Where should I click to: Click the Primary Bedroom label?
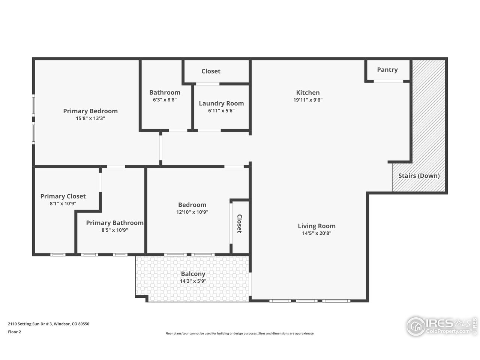[90, 111]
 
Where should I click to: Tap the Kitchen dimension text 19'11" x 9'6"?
[308, 100]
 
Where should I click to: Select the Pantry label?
[387, 70]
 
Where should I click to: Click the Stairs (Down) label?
[419, 176]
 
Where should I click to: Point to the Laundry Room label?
[221, 103]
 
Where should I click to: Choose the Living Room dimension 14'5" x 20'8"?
[316, 233]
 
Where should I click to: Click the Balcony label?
[193, 274]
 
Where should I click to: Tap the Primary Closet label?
[63, 196]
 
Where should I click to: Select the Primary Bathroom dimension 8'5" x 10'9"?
[115, 230]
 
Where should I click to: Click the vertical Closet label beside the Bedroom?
[239, 224]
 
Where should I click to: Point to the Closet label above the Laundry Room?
[211, 71]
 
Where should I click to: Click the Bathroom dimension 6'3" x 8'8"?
[165, 100]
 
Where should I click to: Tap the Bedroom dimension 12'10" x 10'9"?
[192, 212]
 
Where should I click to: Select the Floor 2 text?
[14, 332]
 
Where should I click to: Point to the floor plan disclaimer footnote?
[240, 333]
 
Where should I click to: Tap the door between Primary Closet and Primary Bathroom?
[100, 182]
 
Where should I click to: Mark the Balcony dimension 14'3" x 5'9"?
[193, 281]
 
